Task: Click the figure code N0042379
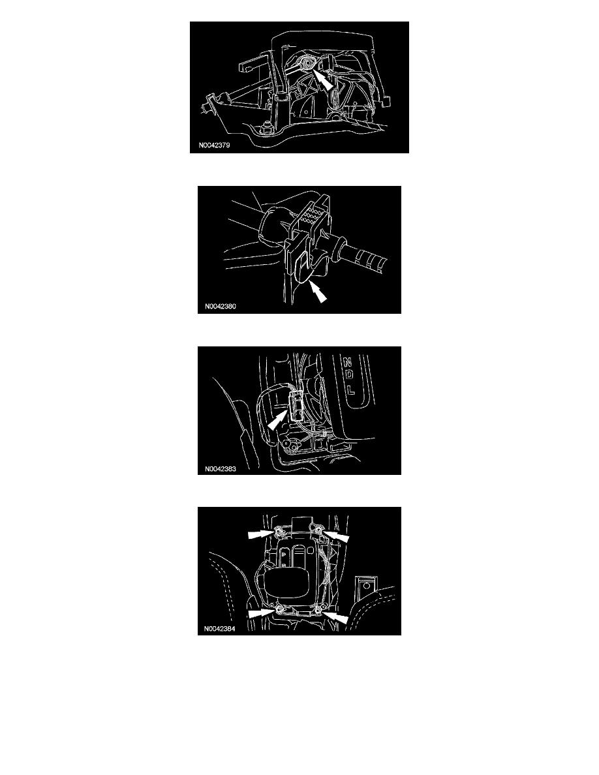point(214,145)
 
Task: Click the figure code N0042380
point(221,307)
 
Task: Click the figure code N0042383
point(221,469)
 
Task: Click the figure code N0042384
point(219,629)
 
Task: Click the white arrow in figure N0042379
point(323,79)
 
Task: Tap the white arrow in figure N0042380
point(317,291)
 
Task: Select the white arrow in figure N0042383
point(278,419)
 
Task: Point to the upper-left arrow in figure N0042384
point(261,534)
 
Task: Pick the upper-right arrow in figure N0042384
point(336,536)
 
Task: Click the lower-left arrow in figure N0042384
point(261,613)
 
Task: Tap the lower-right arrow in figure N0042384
point(335,616)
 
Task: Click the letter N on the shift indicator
point(347,363)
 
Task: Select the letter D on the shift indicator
point(349,375)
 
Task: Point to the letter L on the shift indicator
point(351,389)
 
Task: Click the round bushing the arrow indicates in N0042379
point(307,64)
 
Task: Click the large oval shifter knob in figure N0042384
point(287,584)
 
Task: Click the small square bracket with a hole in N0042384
point(365,586)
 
